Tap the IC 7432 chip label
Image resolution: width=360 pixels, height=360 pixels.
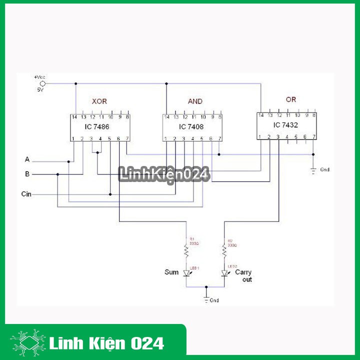[x=284, y=125]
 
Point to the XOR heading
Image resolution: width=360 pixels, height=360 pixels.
[x=99, y=101]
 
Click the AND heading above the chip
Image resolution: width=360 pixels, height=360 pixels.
[x=195, y=101]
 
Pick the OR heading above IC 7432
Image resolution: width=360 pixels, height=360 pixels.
[x=291, y=99]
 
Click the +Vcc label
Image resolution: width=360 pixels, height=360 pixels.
[x=39, y=77]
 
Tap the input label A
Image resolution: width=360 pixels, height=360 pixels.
[x=27, y=159]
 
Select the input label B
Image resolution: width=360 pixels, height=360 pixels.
[x=27, y=174]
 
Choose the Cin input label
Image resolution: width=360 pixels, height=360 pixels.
[x=26, y=193]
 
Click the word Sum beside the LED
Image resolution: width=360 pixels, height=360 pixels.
[x=171, y=272]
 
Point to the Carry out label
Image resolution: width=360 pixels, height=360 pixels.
[x=243, y=276]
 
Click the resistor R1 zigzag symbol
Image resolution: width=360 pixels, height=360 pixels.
[x=186, y=249]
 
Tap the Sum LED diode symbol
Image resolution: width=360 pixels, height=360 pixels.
[x=186, y=273]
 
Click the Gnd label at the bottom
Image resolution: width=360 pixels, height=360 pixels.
[x=214, y=300]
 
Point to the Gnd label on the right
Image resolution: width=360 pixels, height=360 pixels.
[x=324, y=169]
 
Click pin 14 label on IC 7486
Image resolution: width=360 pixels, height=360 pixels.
[x=74, y=117]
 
